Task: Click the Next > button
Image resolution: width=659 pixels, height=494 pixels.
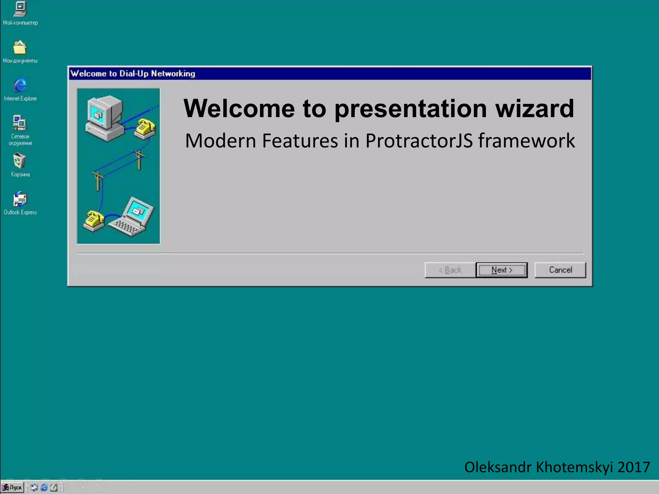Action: click(502, 270)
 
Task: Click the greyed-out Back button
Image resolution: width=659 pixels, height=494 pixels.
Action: click(450, 270)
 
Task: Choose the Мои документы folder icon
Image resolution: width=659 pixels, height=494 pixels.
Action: click(20, 48)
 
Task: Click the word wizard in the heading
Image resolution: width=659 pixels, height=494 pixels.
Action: click(534, 108)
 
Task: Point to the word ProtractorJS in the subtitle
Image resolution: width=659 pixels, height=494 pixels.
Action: click(419, 141)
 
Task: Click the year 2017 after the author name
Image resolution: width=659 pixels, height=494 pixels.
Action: click(634, 467)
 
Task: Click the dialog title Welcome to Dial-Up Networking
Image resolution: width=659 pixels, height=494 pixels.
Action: click(133, 74)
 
